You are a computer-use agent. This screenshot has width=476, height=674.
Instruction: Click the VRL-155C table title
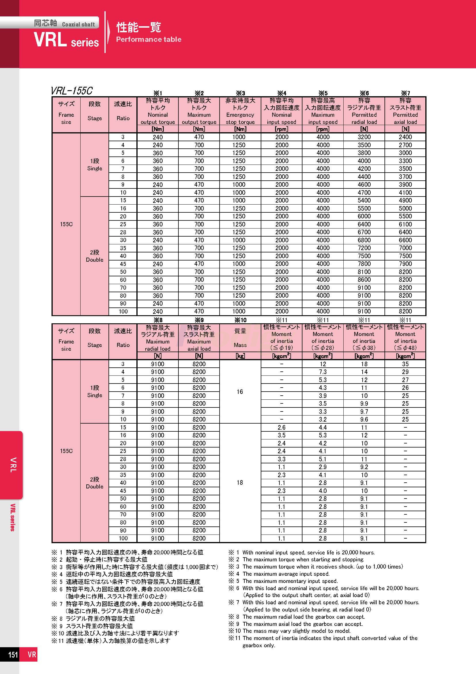[x=72, y=91]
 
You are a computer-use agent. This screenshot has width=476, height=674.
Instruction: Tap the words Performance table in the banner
[x=148, y=39]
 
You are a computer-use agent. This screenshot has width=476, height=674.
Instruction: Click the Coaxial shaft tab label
[x=78, y=24]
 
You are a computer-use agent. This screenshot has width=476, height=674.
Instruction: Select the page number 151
[x=13, y=662]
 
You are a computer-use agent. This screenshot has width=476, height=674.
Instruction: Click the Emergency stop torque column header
[x=240, y=115]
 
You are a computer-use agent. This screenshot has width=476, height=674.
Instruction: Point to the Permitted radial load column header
[x=364, y=115]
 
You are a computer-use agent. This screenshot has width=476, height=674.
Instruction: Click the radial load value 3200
[x=364, y=137]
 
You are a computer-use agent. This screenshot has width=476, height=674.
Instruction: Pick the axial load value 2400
[x=405, y=137]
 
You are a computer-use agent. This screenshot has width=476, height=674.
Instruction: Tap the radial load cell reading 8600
[x=364, y=280]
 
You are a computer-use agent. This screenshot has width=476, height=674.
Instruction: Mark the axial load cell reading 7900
[x=405, y=264]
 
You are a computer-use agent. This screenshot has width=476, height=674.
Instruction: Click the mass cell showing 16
[x=240, y=392]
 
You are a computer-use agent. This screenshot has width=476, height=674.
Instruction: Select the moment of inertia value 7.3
[x=323, y=372]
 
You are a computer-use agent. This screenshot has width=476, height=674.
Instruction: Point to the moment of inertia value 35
[x=405, y=364]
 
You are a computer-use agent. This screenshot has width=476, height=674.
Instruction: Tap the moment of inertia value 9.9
[x=364, y=404]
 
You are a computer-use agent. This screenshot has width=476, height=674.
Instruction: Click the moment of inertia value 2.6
[x=281, y=427]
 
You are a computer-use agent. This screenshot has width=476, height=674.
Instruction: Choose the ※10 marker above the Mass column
[x=240, y=320]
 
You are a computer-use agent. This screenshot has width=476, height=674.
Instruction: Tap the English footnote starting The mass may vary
[x=296, y=631]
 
